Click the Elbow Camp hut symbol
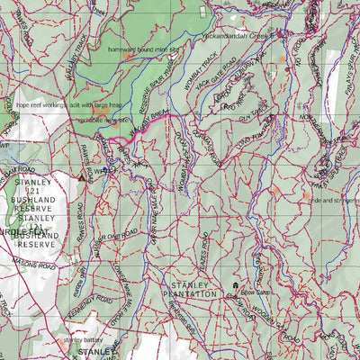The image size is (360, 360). [x=236, y=287]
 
